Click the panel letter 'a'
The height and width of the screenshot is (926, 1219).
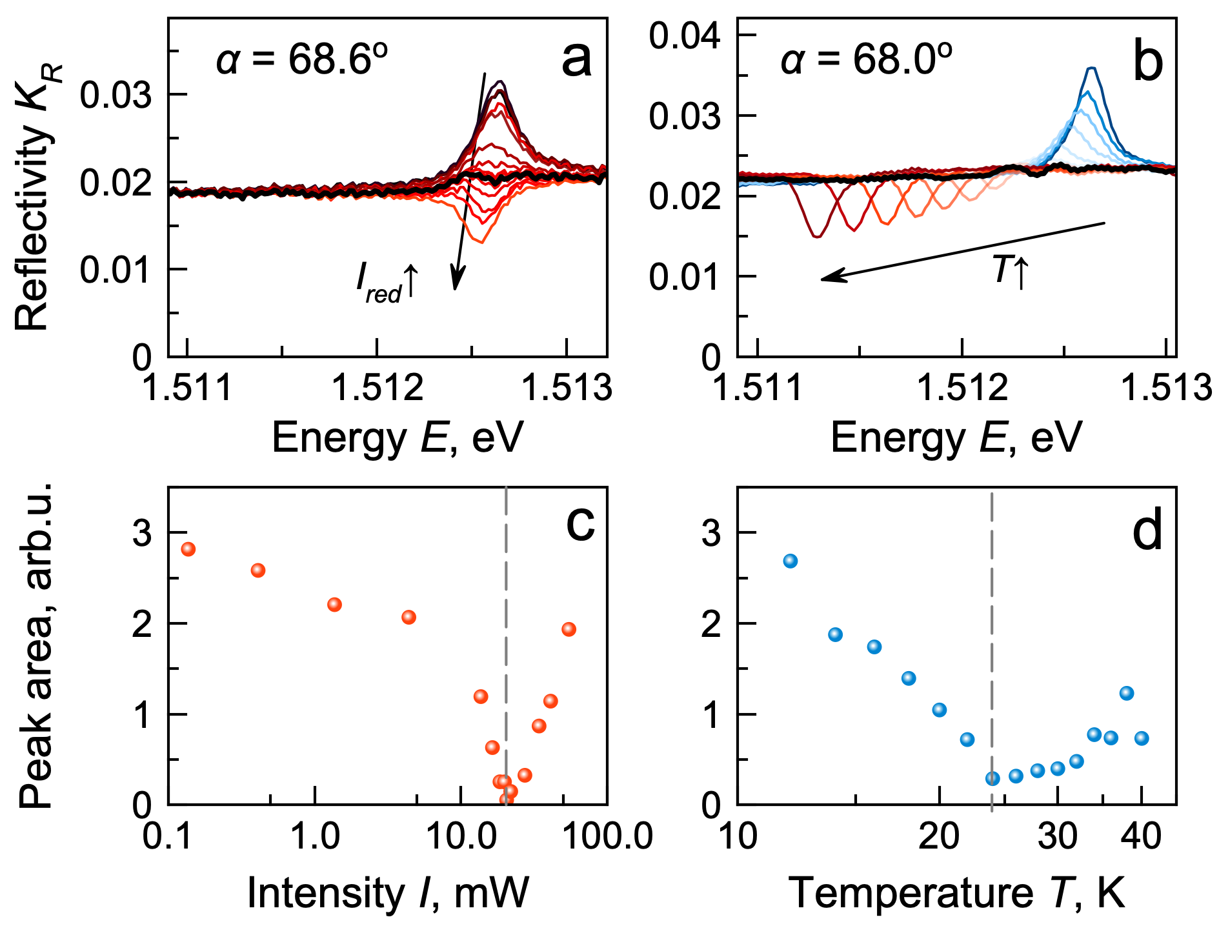point(576,60)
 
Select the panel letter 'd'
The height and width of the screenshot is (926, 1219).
point(1147,530)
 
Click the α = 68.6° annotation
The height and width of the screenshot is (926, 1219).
point(301,60)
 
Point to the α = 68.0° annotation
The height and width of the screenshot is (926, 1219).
point(866,60)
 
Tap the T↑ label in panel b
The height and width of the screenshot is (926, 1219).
point(1011,270)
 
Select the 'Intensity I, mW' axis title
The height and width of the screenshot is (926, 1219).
point(387,894)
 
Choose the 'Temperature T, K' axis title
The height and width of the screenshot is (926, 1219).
point(956,894)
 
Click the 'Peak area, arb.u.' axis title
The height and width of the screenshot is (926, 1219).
point(35,645)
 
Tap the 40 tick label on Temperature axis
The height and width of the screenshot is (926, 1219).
point(1141,837)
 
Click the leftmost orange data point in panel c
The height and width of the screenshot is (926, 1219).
point(188,549)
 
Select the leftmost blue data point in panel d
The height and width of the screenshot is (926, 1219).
point(791,561)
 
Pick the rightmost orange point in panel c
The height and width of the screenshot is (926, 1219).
point(569,629)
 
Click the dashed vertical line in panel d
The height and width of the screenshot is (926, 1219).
point(992,645)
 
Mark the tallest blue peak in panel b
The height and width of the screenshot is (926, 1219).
point(1091,68)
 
